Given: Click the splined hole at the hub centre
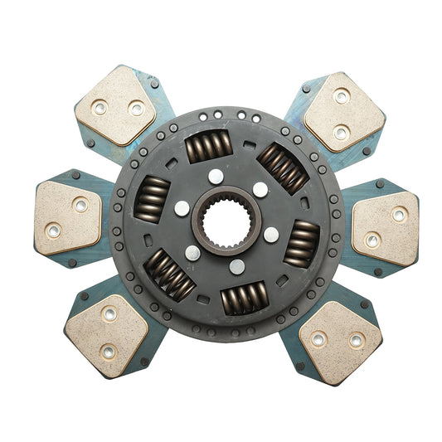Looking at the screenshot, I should (226, 221).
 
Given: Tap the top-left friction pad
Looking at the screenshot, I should (115, 104).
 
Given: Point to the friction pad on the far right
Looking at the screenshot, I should (386, 227).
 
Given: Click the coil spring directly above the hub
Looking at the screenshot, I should (208, 147).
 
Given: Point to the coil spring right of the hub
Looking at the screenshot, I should (301, 244).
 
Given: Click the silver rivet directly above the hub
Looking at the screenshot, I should (216, 176).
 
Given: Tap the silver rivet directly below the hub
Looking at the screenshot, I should (237, 266).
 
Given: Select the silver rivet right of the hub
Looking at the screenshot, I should (271, 234).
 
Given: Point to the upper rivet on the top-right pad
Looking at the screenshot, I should (341, 97).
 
